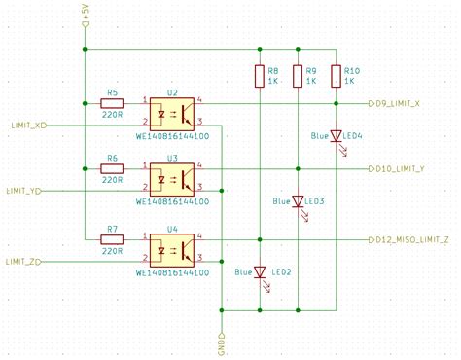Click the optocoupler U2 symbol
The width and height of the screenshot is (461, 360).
(x=172, y=112)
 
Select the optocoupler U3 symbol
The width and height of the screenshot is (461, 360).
(x=172, y=179)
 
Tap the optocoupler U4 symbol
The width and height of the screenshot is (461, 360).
(x=172, y=249)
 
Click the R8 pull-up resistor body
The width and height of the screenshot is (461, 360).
(x=260, y=76)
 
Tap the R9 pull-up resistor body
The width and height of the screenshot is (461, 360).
(x=299, y=76)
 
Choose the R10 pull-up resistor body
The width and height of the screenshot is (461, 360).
(x=336, y=76)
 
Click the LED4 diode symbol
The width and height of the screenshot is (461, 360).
(x=336, y=136)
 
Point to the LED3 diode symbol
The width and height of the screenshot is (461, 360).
(x=299, y=201)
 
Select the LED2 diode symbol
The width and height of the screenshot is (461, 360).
(x=260, y=272)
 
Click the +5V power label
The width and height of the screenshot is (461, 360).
(x=87, y=14)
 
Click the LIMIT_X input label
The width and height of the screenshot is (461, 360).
(x=28, y=126)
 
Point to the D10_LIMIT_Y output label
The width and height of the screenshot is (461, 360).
(x=404, y=168)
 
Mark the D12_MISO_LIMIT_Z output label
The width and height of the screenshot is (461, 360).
(x=413, y=238)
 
